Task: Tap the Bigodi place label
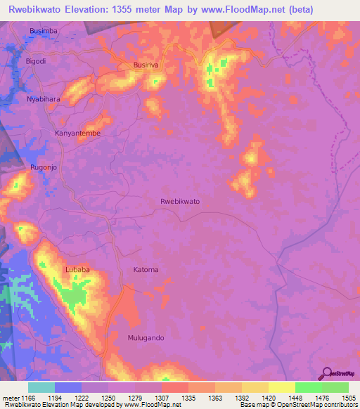(x=36, y=61)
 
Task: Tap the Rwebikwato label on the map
(x=180, y=202)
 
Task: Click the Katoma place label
(x=146, y=270)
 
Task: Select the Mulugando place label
(x=146, y=338)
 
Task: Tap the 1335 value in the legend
(x=188, y=398)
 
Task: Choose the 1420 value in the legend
(x=268, y=398)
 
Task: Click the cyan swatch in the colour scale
(x=41, y=387)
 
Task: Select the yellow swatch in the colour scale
(x=281, y=387)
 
